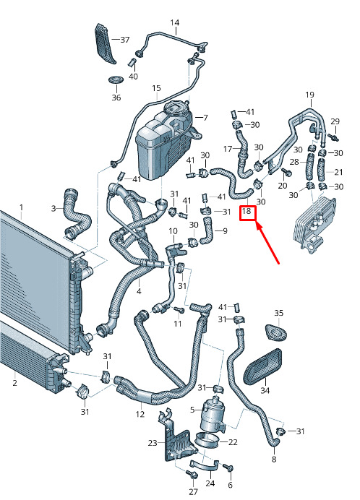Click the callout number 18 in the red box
[247, 211]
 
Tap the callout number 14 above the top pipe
[174, 22]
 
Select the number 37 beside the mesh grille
[125, 40]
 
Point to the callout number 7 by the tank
[205, 118]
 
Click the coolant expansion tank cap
[176, 108]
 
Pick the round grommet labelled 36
[116, 79]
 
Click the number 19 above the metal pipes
[309, 95]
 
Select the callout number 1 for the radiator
[21, 207]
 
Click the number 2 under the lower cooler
[14, 382]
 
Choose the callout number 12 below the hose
[140, 414]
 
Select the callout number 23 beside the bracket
[153, 443]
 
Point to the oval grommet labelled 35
[275, 332]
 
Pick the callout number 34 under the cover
[265, 390]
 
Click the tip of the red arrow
[257, 223]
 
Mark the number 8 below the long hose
[274, 460]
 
